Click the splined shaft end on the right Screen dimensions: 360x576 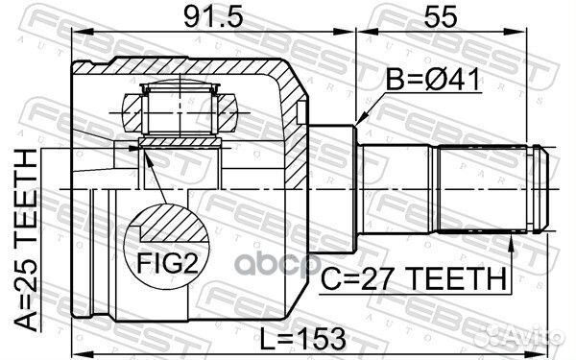pos(490,189)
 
